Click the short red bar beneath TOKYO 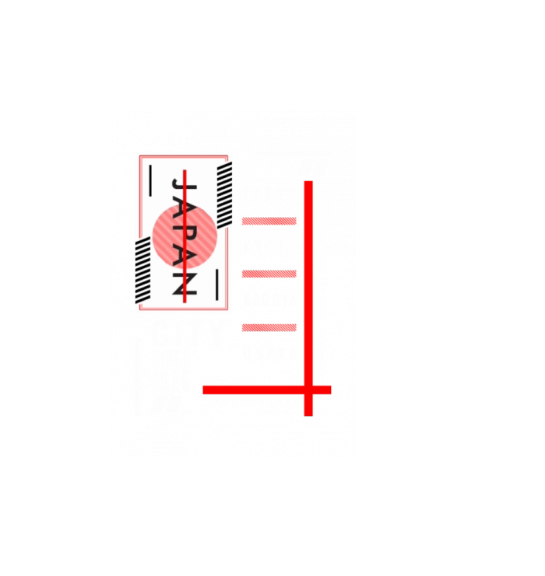269,222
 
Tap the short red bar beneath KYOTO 269,274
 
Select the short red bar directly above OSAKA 269,327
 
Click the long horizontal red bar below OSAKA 257,389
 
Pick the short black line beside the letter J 150,180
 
